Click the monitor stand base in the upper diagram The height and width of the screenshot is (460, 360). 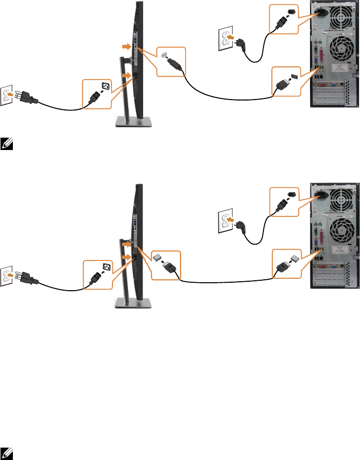[x=133, y=122]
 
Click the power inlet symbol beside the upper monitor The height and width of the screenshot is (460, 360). [x=105, y=87]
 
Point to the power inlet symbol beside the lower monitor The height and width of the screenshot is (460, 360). [x=105, y=268]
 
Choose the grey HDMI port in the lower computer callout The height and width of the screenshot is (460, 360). [x=294, y=257]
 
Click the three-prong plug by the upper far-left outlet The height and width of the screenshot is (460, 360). [x=27, y=98]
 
